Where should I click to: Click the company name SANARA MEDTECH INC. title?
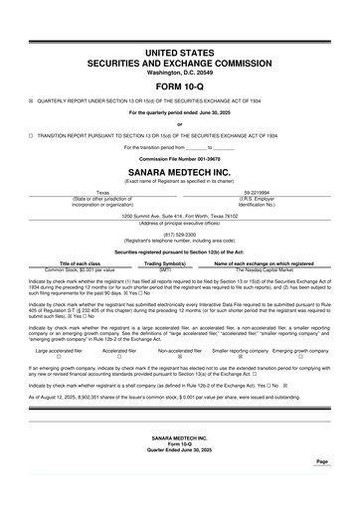point(179,172)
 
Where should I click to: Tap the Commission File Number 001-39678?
point(179,159)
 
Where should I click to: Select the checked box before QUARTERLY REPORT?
point(31,100)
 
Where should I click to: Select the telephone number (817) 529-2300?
point(179,235)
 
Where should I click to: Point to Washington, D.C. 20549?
point(179,73)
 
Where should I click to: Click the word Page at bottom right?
point(321,461)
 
